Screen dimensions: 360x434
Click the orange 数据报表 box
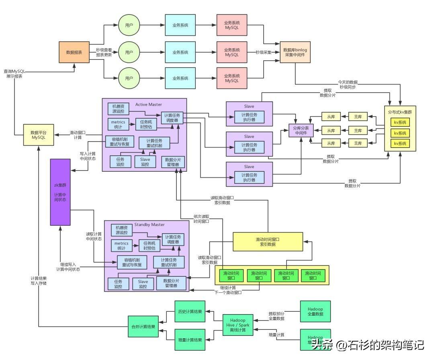pos(74,52)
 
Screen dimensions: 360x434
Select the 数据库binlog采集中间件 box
pos(295,52)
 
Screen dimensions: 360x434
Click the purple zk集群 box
pos(60,192)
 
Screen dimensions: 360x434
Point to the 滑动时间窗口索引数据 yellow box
pos(268,242)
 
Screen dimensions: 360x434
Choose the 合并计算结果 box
pos(143,327)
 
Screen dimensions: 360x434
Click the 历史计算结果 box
pos(190,311)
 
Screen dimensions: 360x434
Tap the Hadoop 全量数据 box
pos(315,311)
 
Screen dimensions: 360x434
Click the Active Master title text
pos(149,105)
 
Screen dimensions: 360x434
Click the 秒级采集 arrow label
pos(264,52)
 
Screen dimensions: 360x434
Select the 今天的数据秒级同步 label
pos(347,84)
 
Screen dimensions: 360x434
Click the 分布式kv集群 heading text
pos(400,112)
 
